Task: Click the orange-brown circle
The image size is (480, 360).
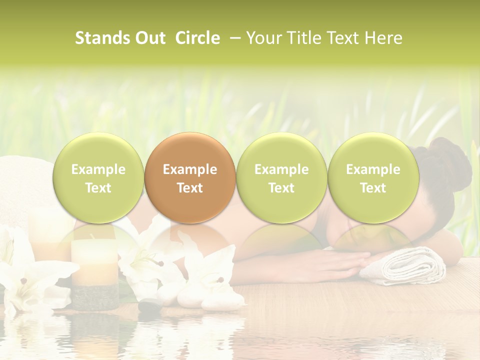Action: [190, 178]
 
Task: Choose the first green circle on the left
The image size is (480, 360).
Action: [98, 178]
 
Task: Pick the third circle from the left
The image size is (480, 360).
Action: [281, 178]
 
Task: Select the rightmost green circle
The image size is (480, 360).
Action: [373, 178]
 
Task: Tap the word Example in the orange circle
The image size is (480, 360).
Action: [190, 169]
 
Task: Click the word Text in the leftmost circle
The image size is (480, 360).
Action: [98, 188]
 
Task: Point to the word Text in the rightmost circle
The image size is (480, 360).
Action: [373, 188]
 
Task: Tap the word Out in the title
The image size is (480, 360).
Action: [149, 38]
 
